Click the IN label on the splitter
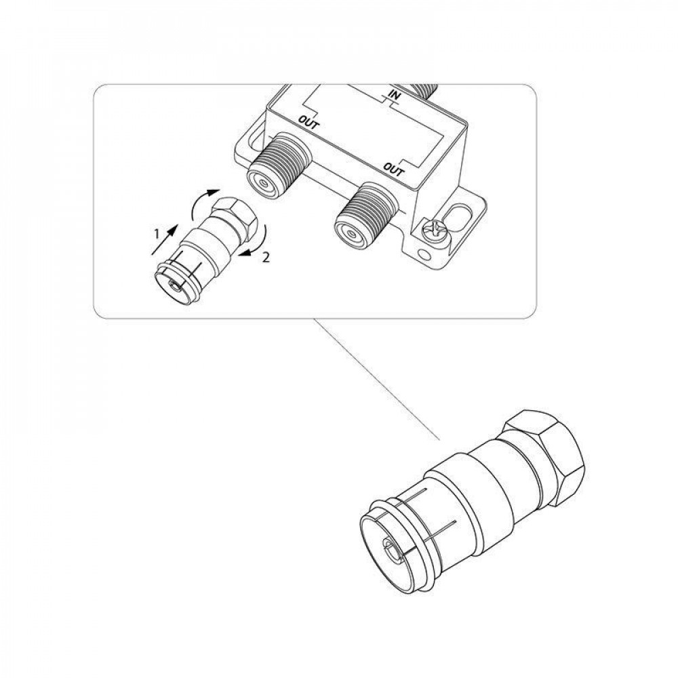pyautogui.click(x=393, y=94)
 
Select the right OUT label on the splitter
pyautogui.click(x=394, y=170)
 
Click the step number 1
pyautogui.click(x=157, y=234)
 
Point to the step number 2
pyautogui.click(x=266, y=258)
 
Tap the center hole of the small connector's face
pyautogui.click(x=174, y=285)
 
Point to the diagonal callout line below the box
pyautogui.click(x=377, y=380)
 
